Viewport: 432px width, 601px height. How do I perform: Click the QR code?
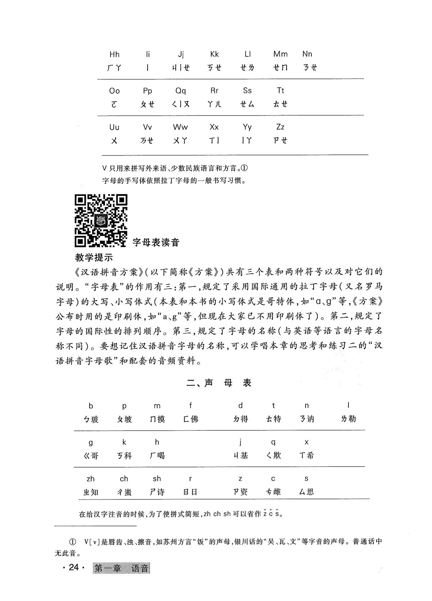point(101,221)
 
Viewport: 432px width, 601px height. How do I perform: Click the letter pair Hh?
point(114,54)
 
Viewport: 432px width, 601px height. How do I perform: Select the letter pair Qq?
point(181,91)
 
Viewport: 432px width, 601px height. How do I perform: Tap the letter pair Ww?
point(180,127)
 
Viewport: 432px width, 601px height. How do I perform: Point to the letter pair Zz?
point(280,127)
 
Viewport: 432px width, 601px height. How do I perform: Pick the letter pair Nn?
point(307,54)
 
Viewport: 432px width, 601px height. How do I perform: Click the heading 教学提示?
point(94,257)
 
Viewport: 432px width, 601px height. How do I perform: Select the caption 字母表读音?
point(156,242)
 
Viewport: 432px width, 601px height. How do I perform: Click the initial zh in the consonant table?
point(90,479)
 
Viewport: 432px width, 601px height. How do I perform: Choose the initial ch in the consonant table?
point(124,479)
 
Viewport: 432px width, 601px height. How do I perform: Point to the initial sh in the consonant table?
point(157,479)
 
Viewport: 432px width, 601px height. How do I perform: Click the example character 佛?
point(194,419)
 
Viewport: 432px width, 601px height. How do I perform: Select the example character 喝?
point(161,456)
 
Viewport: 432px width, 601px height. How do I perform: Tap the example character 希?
point(310,456)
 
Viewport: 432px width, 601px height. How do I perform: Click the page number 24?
point(73,568)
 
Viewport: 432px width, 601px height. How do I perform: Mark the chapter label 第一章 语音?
point(121,568)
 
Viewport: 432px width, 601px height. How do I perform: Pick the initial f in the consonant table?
point(190,406)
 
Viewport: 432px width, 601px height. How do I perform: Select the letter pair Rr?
point(214,91)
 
